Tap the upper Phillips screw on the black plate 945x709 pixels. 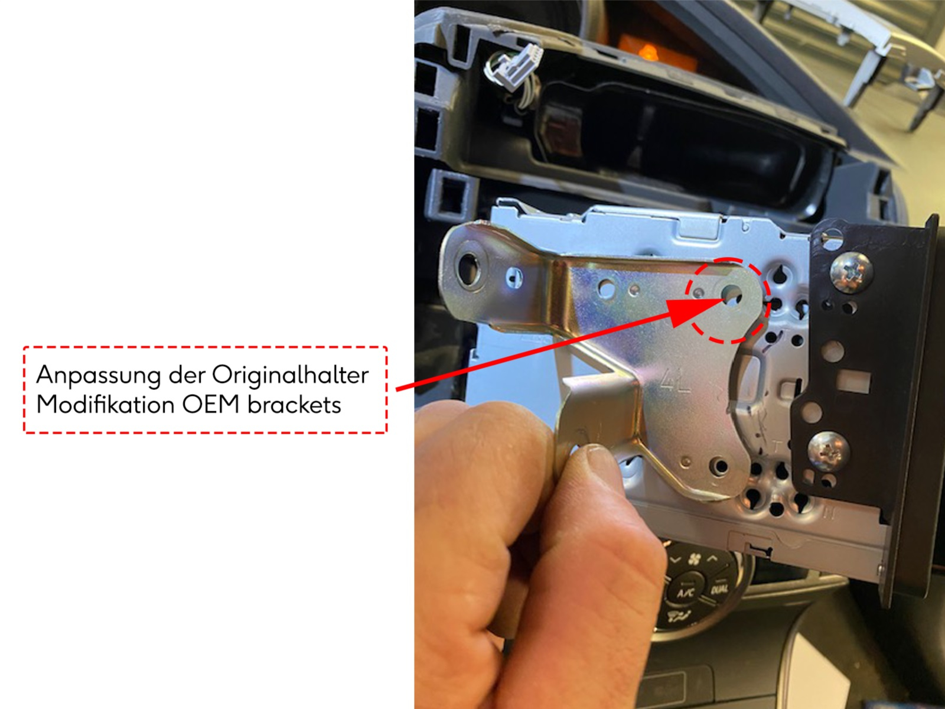click(850, 271)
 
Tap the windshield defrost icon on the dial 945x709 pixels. click(678, 618)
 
